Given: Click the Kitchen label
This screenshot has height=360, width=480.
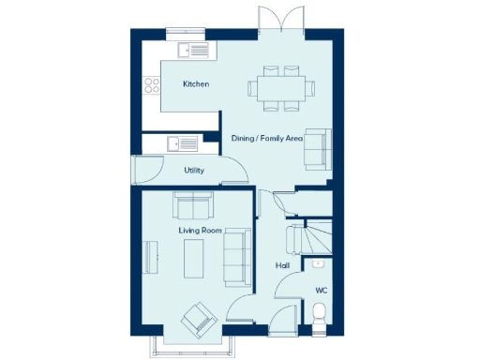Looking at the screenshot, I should [x=196, y=84].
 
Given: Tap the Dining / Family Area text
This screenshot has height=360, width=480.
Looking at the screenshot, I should [x=266, y=139].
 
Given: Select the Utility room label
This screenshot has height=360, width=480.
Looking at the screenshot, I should [x=194, y=171].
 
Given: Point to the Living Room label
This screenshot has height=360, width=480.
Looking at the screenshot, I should [x=200, y=229].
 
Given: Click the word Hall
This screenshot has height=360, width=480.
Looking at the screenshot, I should [x=281, y=266].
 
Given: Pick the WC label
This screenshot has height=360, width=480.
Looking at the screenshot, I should [x=321, y=291].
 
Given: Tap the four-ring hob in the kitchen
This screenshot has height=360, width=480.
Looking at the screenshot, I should [x=149, y=87].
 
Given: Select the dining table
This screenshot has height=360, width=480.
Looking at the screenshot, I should [x=281, y=87].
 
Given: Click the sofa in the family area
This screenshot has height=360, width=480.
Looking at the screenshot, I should [x=318, y=147].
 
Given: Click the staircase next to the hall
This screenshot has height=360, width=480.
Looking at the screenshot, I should [x=309, y=239].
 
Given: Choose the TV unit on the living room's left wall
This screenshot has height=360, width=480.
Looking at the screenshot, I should [x=147, y=258].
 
